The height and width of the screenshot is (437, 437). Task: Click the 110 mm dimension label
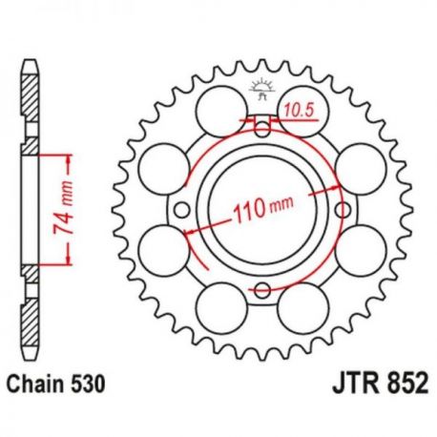tap(262, 209)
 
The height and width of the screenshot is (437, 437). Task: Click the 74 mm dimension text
tap(64, 208)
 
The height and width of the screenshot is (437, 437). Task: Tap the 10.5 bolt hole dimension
tap(299, 111)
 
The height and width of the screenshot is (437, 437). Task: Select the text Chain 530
tap(56, 384)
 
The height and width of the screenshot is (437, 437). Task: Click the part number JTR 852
tap(381, 384)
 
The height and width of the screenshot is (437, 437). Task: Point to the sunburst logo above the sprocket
tap(262, 89)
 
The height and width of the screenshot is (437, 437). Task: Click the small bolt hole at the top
tap(262, 129)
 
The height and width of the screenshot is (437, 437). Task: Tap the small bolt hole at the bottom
tap(262, 290)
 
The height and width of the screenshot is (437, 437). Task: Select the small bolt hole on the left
tap(182, 210)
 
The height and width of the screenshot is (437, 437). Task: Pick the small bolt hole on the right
tap(343, 210)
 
